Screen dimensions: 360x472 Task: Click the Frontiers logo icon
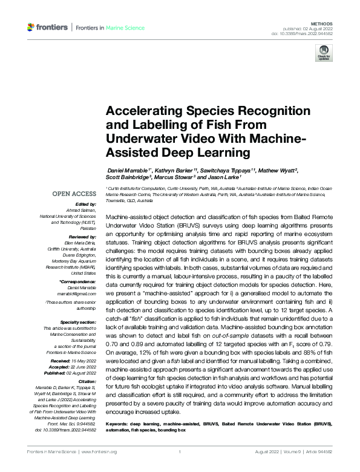click(31, 27)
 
